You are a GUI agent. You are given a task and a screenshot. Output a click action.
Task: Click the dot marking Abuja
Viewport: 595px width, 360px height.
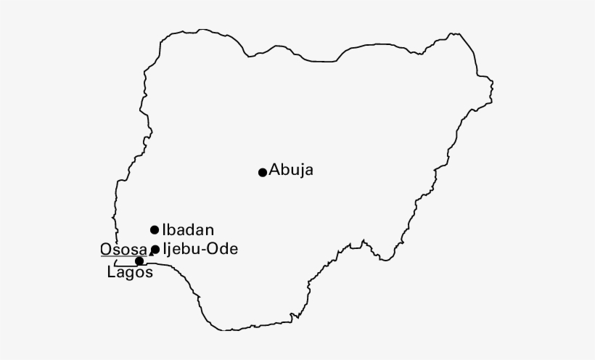(263, 172)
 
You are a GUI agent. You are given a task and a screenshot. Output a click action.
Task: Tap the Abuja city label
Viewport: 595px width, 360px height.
(291, 171)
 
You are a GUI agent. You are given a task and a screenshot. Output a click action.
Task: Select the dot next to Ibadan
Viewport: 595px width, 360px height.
(155, 230)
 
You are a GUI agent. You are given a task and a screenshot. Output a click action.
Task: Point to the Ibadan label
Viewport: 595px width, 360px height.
(188, 229)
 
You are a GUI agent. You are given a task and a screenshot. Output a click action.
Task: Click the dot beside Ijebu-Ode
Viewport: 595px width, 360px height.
(155, 250)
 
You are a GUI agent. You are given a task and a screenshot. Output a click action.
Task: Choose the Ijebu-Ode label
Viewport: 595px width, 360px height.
(200, 249)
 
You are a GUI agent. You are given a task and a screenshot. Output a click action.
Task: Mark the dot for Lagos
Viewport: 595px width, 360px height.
(139, 261)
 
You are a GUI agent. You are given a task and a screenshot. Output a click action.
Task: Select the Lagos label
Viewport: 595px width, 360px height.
(130, 273)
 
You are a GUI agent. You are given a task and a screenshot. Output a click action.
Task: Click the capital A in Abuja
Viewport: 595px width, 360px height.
(274, 171)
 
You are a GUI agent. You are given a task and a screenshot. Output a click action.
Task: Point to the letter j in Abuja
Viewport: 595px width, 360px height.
(301, 171)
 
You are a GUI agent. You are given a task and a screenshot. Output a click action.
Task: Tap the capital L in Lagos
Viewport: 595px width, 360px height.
(110, 273)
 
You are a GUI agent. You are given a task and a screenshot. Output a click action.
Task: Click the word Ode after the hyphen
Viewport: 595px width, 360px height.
(223, 249)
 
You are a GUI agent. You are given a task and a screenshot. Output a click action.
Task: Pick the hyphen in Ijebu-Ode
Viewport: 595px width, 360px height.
(205, 250)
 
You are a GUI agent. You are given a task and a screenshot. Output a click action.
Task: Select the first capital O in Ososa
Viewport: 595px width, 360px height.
(106, 249)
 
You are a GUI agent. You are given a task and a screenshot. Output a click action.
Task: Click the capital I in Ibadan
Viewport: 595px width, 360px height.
(164, 229)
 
